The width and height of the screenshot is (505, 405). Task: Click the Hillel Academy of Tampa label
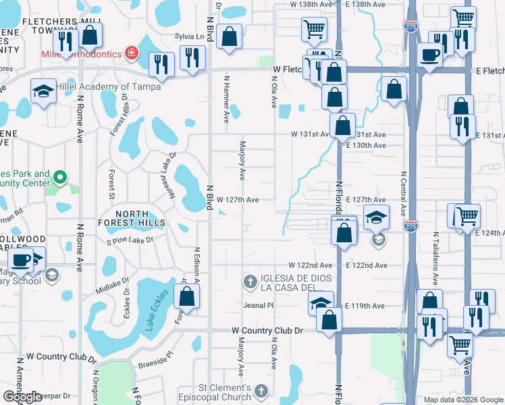pyautogui.click(x=108, y=86)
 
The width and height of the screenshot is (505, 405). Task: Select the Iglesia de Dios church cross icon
pyautogui.click(x=250, y=281)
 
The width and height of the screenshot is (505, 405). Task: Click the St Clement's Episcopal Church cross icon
pyautogui.click(x=262, y=391)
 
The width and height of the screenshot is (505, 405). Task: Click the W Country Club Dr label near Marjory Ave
pyautogui.click(x=268, y=331)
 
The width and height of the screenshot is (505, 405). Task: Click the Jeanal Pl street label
pyautogui.click(x=259, y=306)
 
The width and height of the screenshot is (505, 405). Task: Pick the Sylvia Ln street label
pyautogui.click(x=190, y=36)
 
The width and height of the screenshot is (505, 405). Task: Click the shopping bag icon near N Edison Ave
pyautogui.click(x=186, y=296)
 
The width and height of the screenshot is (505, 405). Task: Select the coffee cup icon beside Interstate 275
pyautogui.click(x=429, y=54)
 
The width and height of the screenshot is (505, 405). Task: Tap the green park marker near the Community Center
pyautogui.click(x=59, y=179)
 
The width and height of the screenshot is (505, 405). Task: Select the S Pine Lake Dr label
pyautogui.click(x=130, y=240)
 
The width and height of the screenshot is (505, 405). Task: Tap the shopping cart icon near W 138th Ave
pyautogui.click(x=314, y=28)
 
